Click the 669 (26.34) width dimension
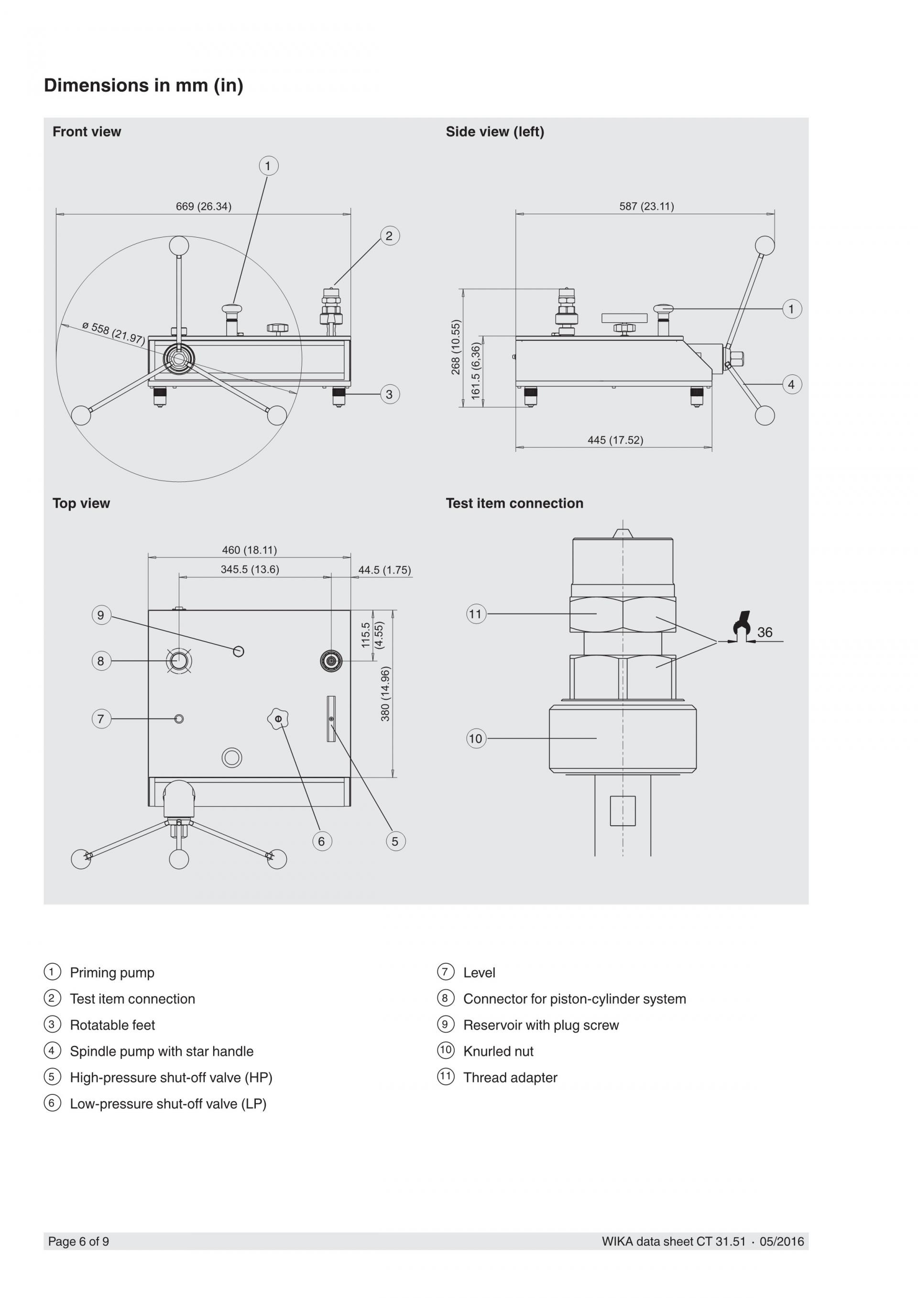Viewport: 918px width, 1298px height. (204, 207)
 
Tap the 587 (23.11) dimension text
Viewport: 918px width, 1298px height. (646, 207)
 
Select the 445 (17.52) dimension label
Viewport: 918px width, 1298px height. (615, 440)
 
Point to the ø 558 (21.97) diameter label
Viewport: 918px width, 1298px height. (113, 333)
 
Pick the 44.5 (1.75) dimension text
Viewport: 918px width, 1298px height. (384, 570)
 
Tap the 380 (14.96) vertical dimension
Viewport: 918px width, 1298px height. (385, 694)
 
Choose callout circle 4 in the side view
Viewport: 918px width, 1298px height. (791, 384)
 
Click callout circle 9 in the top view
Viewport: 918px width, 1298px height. (101, 615)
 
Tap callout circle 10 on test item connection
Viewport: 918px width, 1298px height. (476, 738)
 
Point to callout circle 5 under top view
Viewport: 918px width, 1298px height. (395, 841)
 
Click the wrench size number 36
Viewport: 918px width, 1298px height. (765, 633)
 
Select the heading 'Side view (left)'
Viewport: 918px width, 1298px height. (494, 132)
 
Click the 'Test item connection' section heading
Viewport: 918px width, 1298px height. (514, 503)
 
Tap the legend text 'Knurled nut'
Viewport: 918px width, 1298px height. (498, 1051)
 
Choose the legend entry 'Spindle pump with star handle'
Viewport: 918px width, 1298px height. (162, 1051)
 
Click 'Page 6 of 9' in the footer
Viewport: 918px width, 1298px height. (78, 1242)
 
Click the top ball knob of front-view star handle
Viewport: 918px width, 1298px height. (179, 246)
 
